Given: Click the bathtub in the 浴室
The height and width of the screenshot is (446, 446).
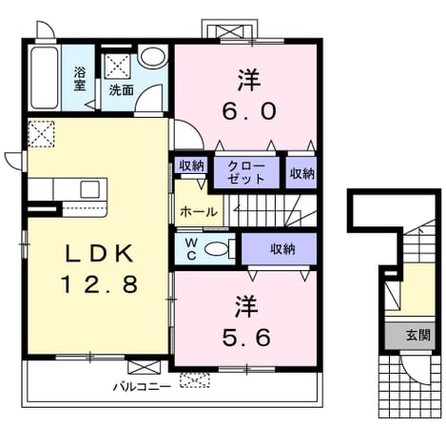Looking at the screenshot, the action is click(45, 78).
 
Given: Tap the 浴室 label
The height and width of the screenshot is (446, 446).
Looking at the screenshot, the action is click(80, 79).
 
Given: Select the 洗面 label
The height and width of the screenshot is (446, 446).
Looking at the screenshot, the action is click(122, 90).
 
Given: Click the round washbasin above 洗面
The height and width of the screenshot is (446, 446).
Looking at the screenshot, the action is click(153, 57).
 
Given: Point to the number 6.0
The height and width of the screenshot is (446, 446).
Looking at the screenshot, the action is click(249, 111).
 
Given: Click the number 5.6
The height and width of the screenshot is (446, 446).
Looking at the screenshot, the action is click(246, 338).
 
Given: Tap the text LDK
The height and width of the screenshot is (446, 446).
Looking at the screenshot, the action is click(99, 253).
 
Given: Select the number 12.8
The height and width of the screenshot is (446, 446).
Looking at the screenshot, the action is click(99, 283).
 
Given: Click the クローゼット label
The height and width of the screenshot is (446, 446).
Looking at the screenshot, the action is click(246, 173).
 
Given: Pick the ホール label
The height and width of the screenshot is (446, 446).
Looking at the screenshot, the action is click(199, 212).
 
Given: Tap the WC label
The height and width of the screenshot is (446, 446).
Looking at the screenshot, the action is click(191, 249).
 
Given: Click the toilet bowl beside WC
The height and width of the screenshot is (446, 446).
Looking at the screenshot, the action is click(217, 249).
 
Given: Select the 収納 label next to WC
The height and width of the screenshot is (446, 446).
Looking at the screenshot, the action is click(282, 249).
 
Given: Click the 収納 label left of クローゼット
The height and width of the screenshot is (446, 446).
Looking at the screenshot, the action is click(191, 165).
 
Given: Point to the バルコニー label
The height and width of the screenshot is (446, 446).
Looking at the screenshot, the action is click(143, 386).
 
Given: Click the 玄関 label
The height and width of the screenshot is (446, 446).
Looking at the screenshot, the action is click(418, 335).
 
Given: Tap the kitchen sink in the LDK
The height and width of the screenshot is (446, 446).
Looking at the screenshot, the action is click(90, 189).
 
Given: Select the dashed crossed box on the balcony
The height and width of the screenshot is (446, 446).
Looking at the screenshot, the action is click(195, 380).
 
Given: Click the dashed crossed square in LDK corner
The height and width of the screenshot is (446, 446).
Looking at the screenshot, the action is click(41, 134).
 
